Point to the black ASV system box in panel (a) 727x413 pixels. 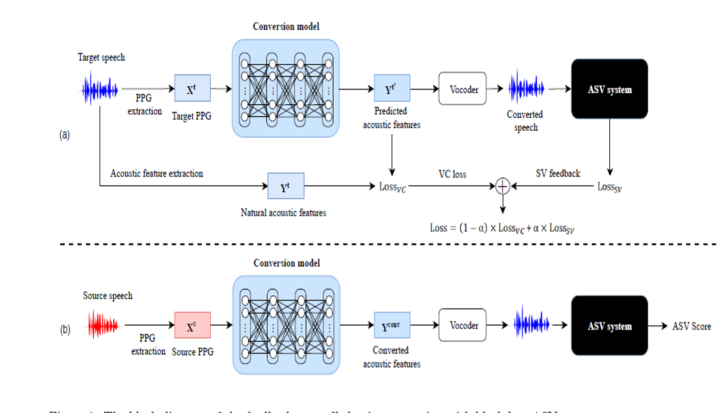pos(609,89)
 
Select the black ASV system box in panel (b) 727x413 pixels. pos(609,326)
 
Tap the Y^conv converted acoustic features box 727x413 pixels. pos(391,325)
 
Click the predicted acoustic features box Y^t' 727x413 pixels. pos(391,89)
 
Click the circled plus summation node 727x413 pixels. pos(503,186)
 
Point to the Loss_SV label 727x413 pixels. pos(611,187)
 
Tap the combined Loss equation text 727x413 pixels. pos(503,228)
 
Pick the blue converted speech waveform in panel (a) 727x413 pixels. pos(526,88)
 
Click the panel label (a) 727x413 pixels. pos(64,135)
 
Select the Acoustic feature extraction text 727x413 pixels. pos(157,173)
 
